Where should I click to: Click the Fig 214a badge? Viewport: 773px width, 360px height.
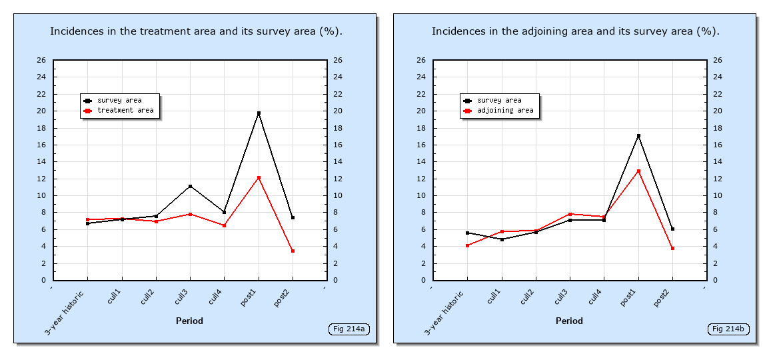[349, 329]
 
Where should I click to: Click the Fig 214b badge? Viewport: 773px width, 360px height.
[728, 329]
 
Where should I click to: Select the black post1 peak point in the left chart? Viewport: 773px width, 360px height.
[259, 113]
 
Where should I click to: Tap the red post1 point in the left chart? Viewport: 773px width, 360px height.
[259, 178]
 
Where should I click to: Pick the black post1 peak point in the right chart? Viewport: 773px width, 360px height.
[638, 136]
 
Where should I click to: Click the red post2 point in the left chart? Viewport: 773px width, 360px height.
[293, 251]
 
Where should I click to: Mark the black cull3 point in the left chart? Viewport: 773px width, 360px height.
[190, 186]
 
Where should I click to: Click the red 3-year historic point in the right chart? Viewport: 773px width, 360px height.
[467, 245]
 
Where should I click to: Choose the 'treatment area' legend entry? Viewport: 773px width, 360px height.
[125, 111]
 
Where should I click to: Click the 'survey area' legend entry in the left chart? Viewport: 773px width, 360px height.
[119, 101]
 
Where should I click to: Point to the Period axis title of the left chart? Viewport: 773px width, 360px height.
[189, 321]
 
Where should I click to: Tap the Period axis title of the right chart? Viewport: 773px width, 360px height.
[569, 321]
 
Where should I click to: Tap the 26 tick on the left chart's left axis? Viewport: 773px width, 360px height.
[41, 61]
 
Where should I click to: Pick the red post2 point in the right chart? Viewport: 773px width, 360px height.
[672, 248]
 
